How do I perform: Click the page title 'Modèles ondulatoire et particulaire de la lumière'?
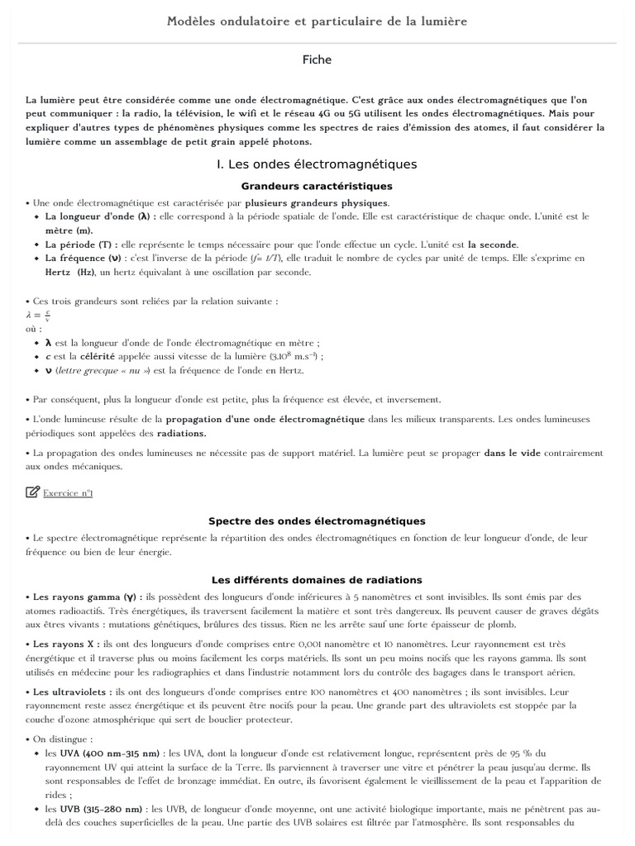point(317,21)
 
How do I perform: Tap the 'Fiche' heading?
point(317,59)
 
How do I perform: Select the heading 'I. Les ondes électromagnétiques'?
point(317,164)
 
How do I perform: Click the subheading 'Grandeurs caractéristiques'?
point(317,186)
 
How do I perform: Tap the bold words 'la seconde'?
point(493,245)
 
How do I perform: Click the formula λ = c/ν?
point(39,314)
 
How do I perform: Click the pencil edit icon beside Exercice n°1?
point(32,492)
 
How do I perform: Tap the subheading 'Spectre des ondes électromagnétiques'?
point(317,521)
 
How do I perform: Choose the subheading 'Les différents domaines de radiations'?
point(317,580)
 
